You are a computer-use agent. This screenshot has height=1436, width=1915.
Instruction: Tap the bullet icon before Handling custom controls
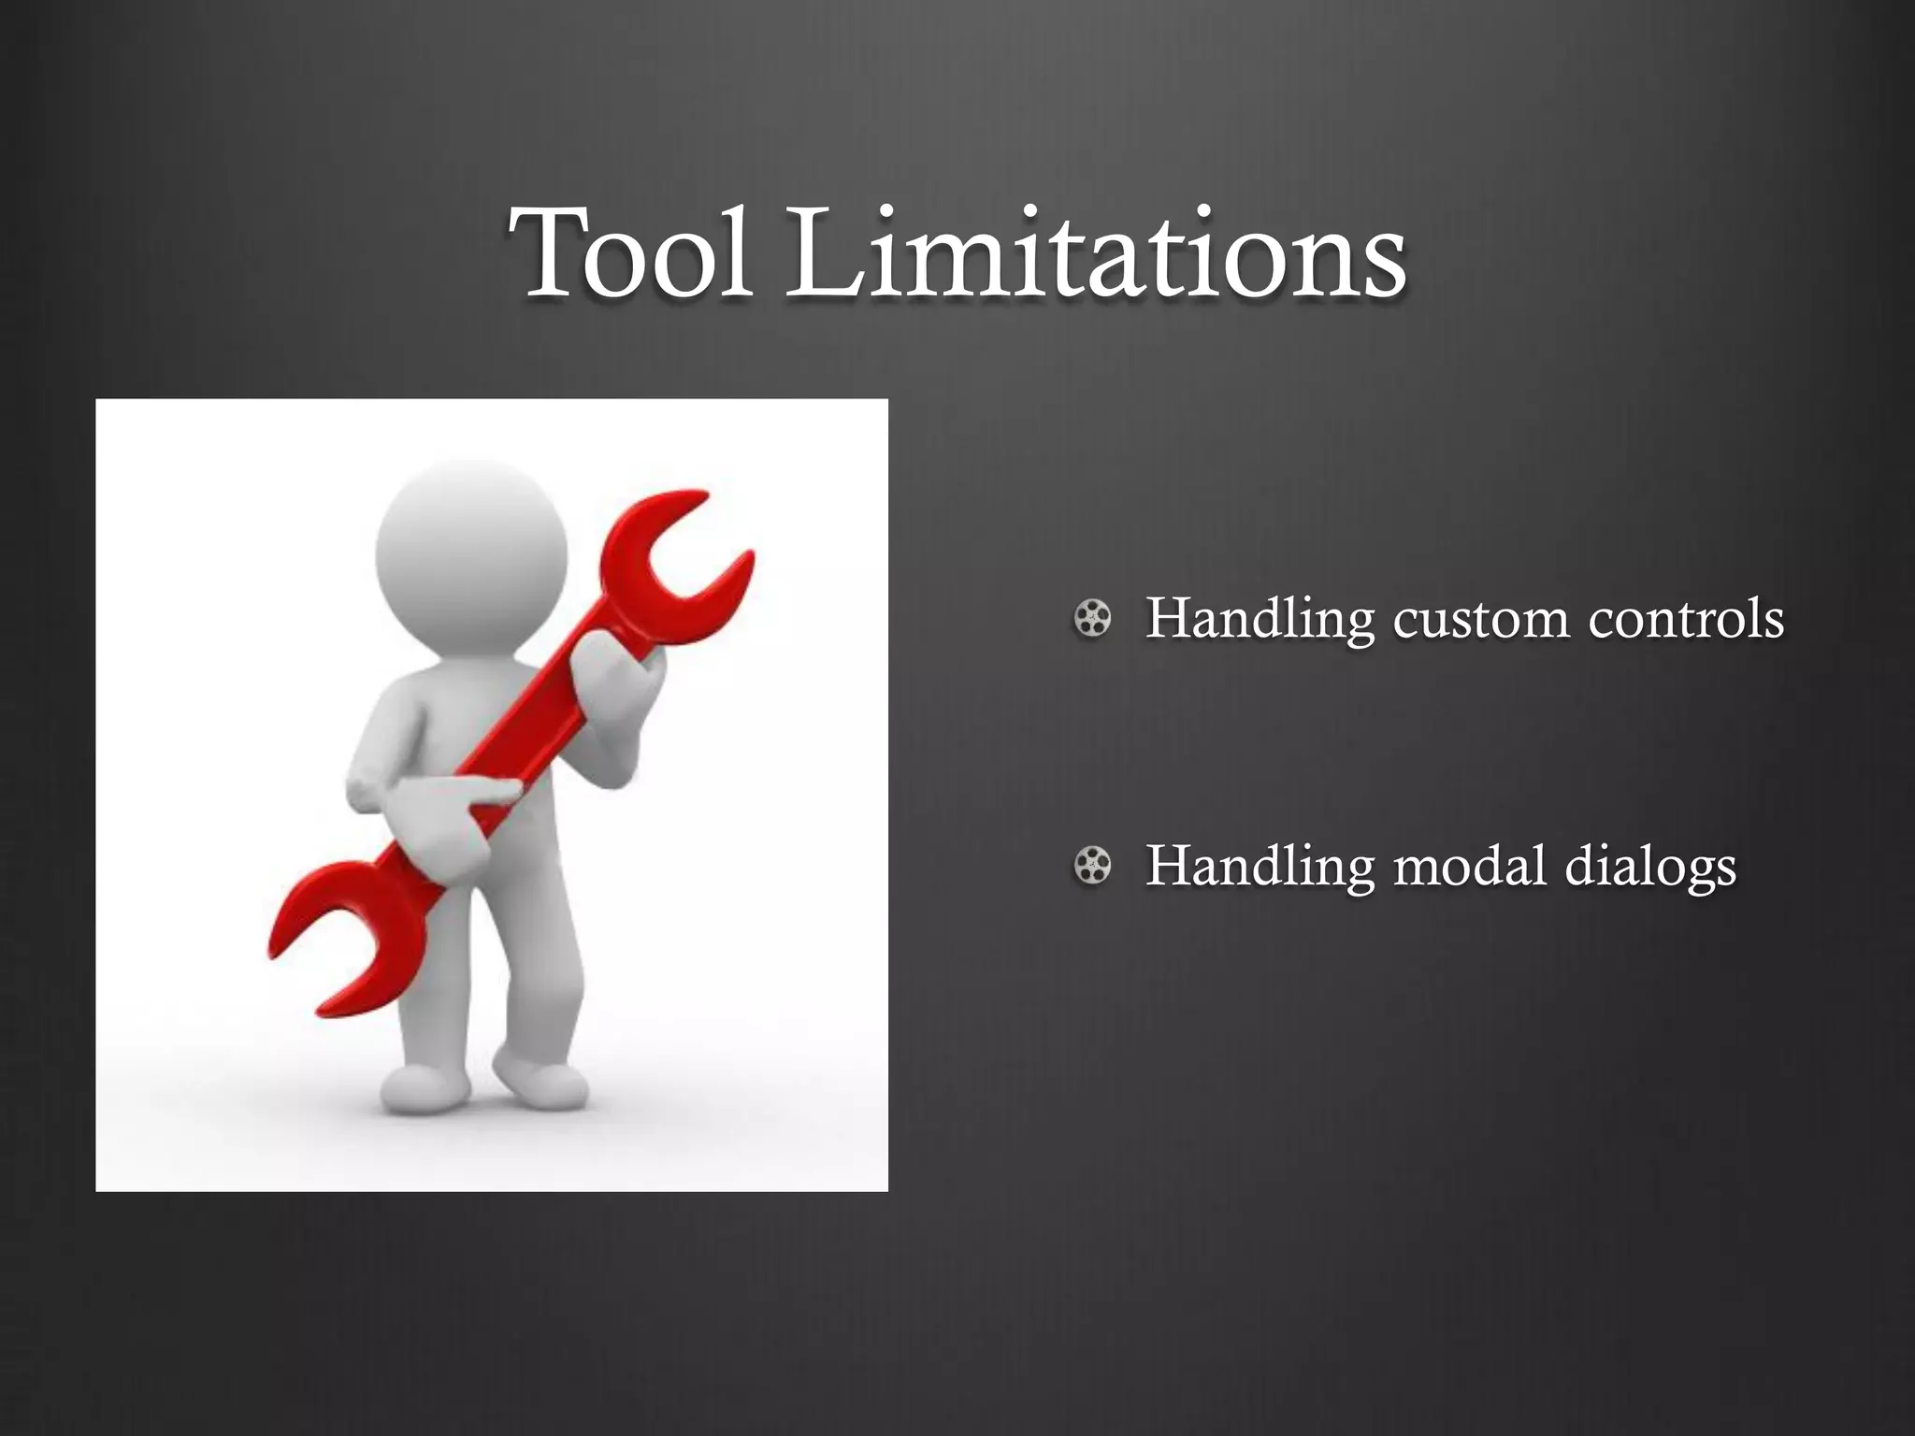pyautogui.click(x=1092, y=619)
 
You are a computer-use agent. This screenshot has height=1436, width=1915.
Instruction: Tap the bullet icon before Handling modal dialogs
pyautogui.click(x=1092, y=866)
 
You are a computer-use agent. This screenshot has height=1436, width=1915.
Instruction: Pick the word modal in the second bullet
pyautogui.click(x=1469, y=866)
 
